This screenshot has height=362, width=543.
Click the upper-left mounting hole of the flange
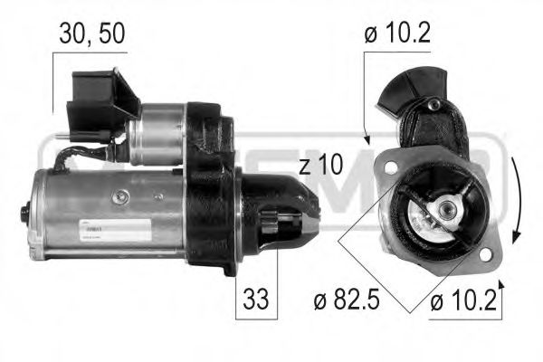(389, 168)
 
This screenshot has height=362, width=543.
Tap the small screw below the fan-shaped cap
(433, 106)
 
